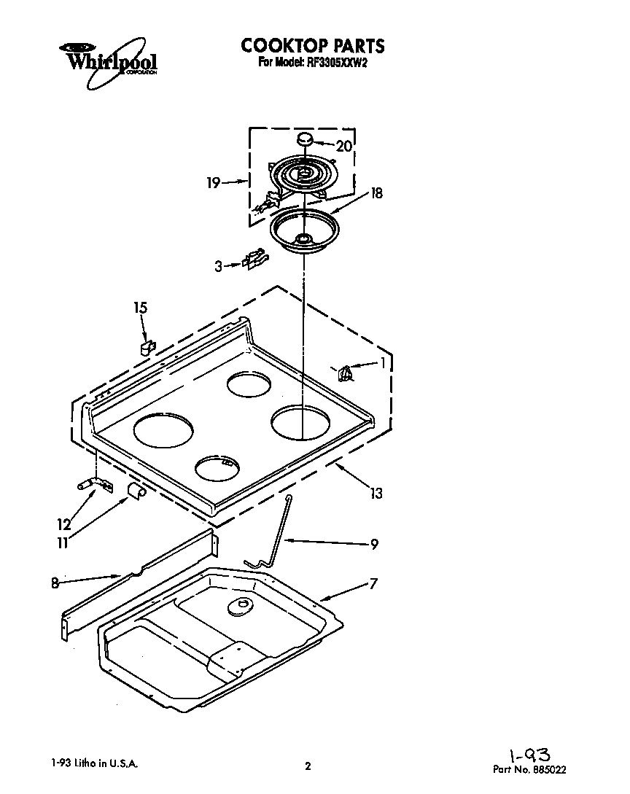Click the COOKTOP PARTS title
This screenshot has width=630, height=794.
click(x=313, y=46)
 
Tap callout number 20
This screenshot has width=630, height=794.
click(x=343, y=146)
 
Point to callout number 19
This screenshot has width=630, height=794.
click(x=213, y=184)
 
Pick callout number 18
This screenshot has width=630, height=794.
click(x=376, y=193)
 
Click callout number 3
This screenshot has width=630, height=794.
click(x=218, y=267)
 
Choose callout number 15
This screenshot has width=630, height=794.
click(x=140, y=308)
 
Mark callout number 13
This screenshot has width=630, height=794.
click(x=376, y=494)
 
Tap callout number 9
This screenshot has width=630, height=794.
click(x=374, y=543)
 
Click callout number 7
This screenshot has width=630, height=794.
click(x=373, y=583)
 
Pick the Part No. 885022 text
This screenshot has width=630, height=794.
click(x=529, y=768)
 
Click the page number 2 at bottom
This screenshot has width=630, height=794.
click(x=308, y=766)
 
